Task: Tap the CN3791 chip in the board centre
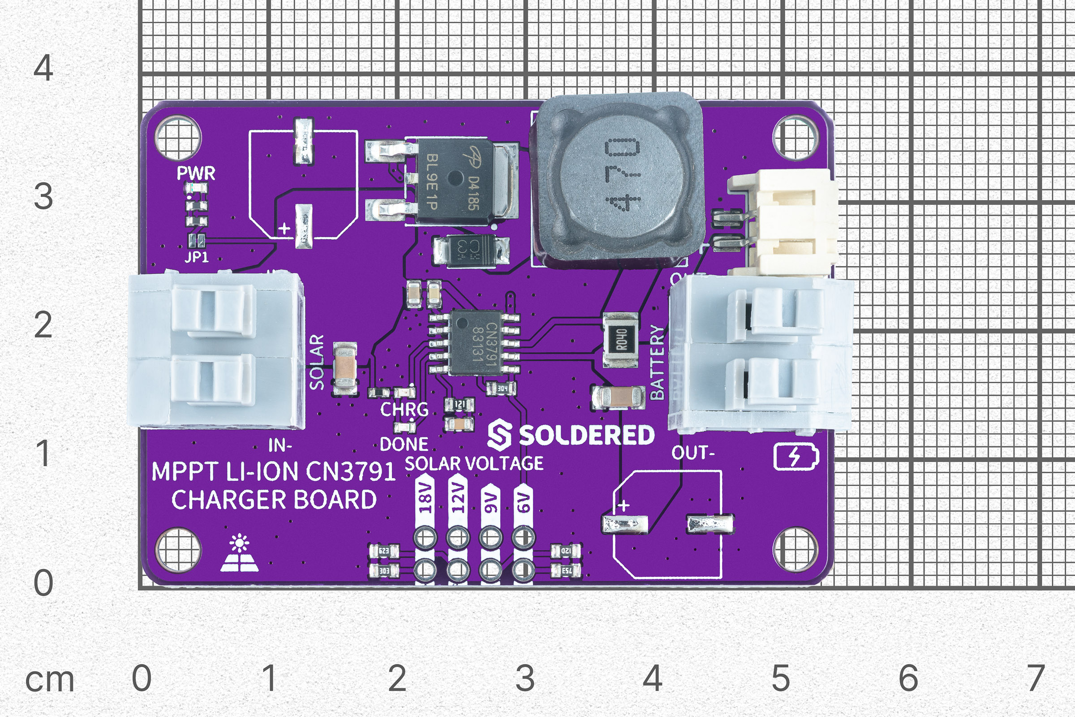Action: pyautogui.click(x=475, y=342)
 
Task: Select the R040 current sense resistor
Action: pyautogui.click(x=620, y=340)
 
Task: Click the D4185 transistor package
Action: pyautogui.click(x=450, y=182)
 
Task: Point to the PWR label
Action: pyautogui.click(x=196, y=173)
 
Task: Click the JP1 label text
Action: pyautogui.click(x=197, y=257)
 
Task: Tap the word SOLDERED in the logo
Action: pyautogui.click(x=586, y=435)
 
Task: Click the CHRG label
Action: pyautogui.click(x=404, y=410)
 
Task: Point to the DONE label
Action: pyautogui.click(x=404, y=444)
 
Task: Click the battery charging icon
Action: pyautogui.click(x=796, y=457)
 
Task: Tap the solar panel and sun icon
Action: pyautogui.click(x=239, y=554)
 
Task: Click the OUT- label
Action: pyautogui.click(x=692, y=453)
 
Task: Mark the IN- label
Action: pyautogui.click(x=279, y=445)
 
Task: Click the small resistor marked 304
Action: pyautogui.click(x=501, y=389)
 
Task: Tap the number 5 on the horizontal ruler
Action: pyautogui.click(x=781, y=678)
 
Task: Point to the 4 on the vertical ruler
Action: pyautogui.click(x=43, y=68)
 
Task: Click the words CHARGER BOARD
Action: pyautogui.click(x=274, y=500)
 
